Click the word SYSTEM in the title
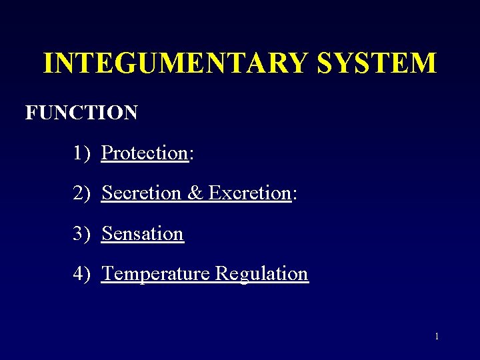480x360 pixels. tap(377, 63)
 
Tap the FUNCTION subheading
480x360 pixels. tap(81, 113)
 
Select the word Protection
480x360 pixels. tap(145, 153)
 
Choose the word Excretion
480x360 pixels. tap(250, 193)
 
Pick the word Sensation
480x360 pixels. tap(143, 234)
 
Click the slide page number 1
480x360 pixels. tap(437, 336)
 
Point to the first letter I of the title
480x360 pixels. tap(48, 63)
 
